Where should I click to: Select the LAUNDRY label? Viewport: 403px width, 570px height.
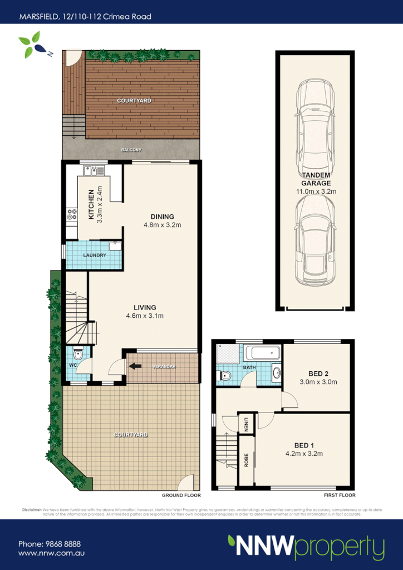(x=95, y=255)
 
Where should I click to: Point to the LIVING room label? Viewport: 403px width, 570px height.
(x=144, y=307)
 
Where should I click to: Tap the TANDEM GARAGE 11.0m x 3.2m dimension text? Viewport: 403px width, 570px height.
(x=316, y=191)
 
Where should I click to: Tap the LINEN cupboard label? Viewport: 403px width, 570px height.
(x=246, y=425)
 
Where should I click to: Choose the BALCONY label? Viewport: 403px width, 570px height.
(x=132, y=150)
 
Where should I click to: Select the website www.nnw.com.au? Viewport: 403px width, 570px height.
(x=51, y=554)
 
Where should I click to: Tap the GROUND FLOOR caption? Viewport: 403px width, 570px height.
(x=181, y=495)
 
